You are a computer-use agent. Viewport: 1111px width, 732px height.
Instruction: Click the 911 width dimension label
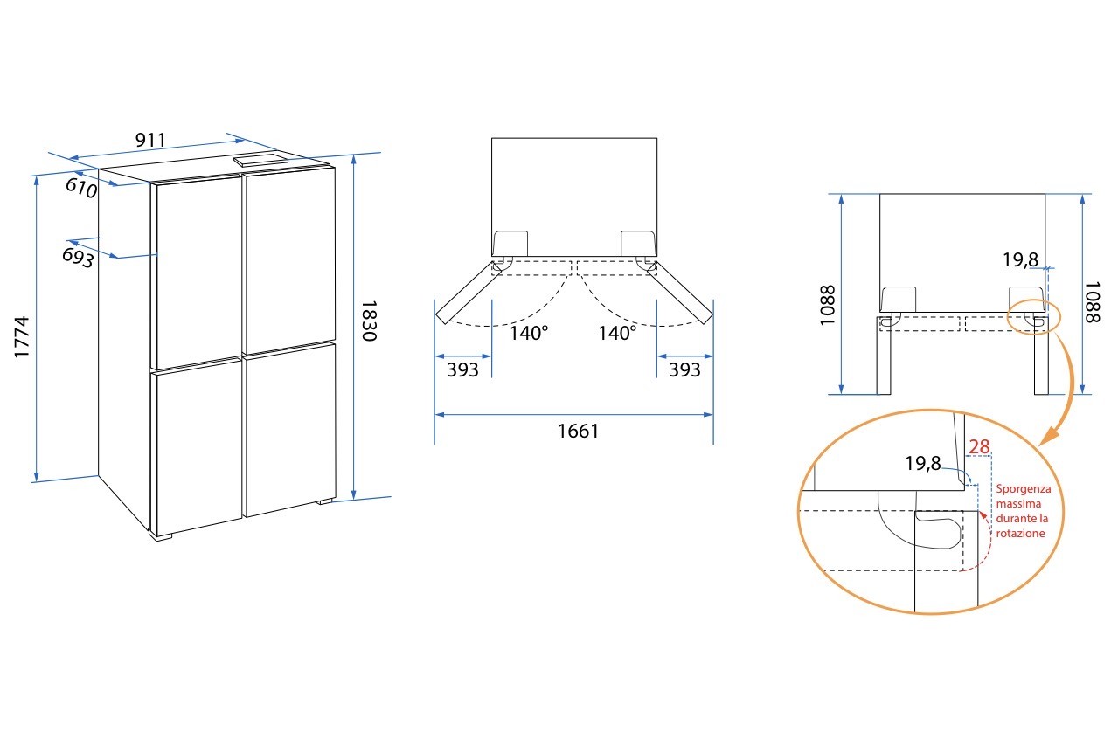[x=150, y=141]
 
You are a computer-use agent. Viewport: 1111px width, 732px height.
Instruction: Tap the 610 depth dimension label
[x=81, y=188]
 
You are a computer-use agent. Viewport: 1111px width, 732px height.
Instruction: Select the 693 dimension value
[x=78, y=257]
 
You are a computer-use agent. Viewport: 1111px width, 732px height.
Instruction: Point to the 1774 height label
[x=22, y=336]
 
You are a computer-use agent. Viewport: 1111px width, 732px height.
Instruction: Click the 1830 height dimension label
[x=369, y=321]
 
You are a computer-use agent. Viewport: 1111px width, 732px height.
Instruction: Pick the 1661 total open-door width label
[x=579, y=432]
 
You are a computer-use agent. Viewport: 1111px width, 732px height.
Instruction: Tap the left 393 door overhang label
[x=462, y=369]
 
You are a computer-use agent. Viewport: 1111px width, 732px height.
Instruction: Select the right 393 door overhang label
[x=684, y=369]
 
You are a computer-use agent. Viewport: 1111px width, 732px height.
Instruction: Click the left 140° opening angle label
[x=529, y=333]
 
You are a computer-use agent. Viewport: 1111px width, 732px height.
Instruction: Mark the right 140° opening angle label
[x=617, y=333]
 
